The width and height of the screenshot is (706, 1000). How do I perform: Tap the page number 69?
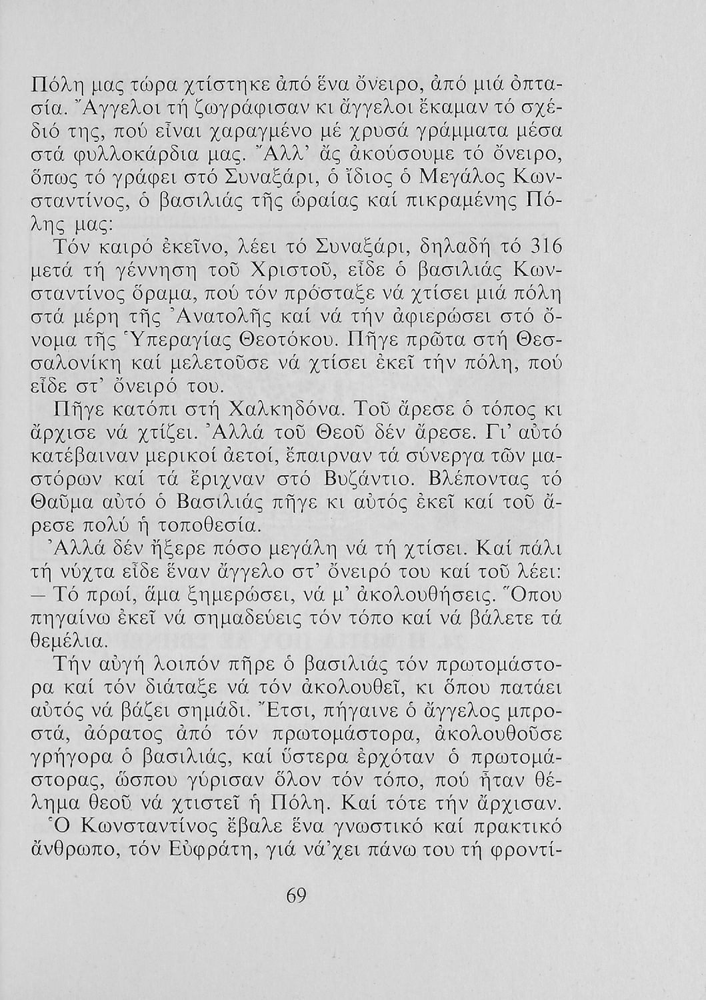point(295,897)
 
